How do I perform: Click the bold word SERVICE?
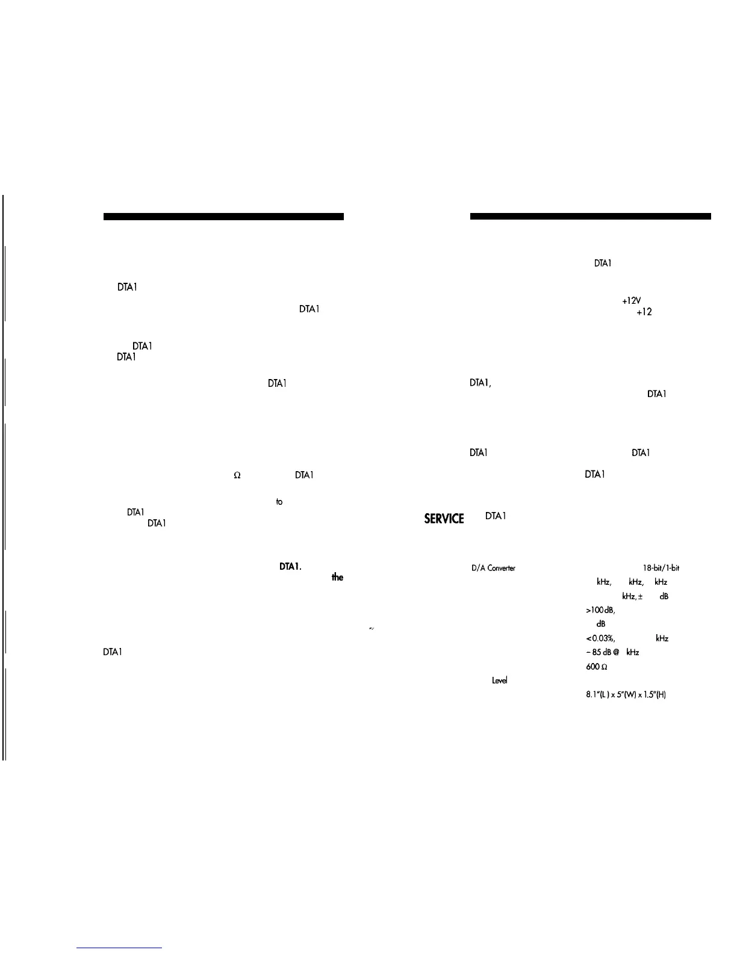[444, 519]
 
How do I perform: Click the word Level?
[500, 680]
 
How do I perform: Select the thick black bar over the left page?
[223, 217]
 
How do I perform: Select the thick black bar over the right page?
[591, 217]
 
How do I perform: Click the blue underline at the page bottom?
[119, 948]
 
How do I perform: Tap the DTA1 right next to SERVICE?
[496, 516]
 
